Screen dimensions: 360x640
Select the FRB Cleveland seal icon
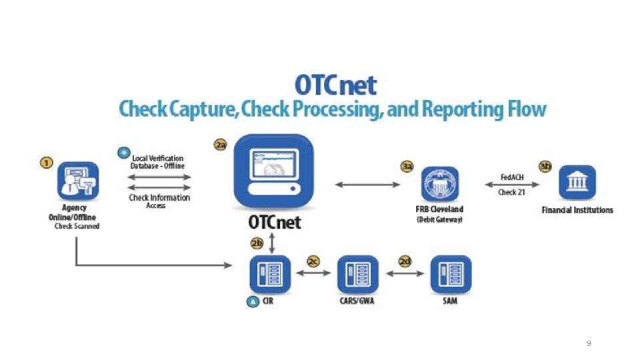439,183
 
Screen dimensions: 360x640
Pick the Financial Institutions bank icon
577,182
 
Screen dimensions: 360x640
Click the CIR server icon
270,275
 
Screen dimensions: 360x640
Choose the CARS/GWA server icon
357,275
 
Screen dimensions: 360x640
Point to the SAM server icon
450,275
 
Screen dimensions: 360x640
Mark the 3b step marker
545,167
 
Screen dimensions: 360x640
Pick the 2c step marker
313,261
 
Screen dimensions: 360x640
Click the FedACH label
512,177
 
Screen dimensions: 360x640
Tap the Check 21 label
512,192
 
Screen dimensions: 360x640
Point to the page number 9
588,343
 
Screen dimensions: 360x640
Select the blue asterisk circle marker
123,153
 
